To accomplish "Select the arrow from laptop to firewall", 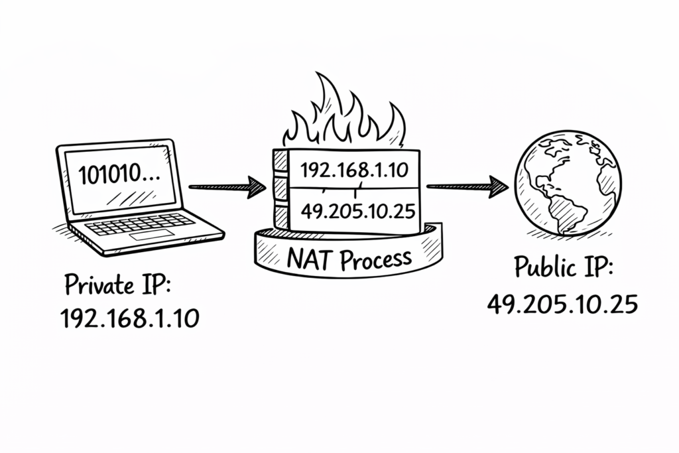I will point(225,187).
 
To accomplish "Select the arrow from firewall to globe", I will point(464,186).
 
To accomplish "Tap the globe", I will point(568,182).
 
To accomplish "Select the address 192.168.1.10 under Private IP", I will point(129,319).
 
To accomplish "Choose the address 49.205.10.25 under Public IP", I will point(562,303).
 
